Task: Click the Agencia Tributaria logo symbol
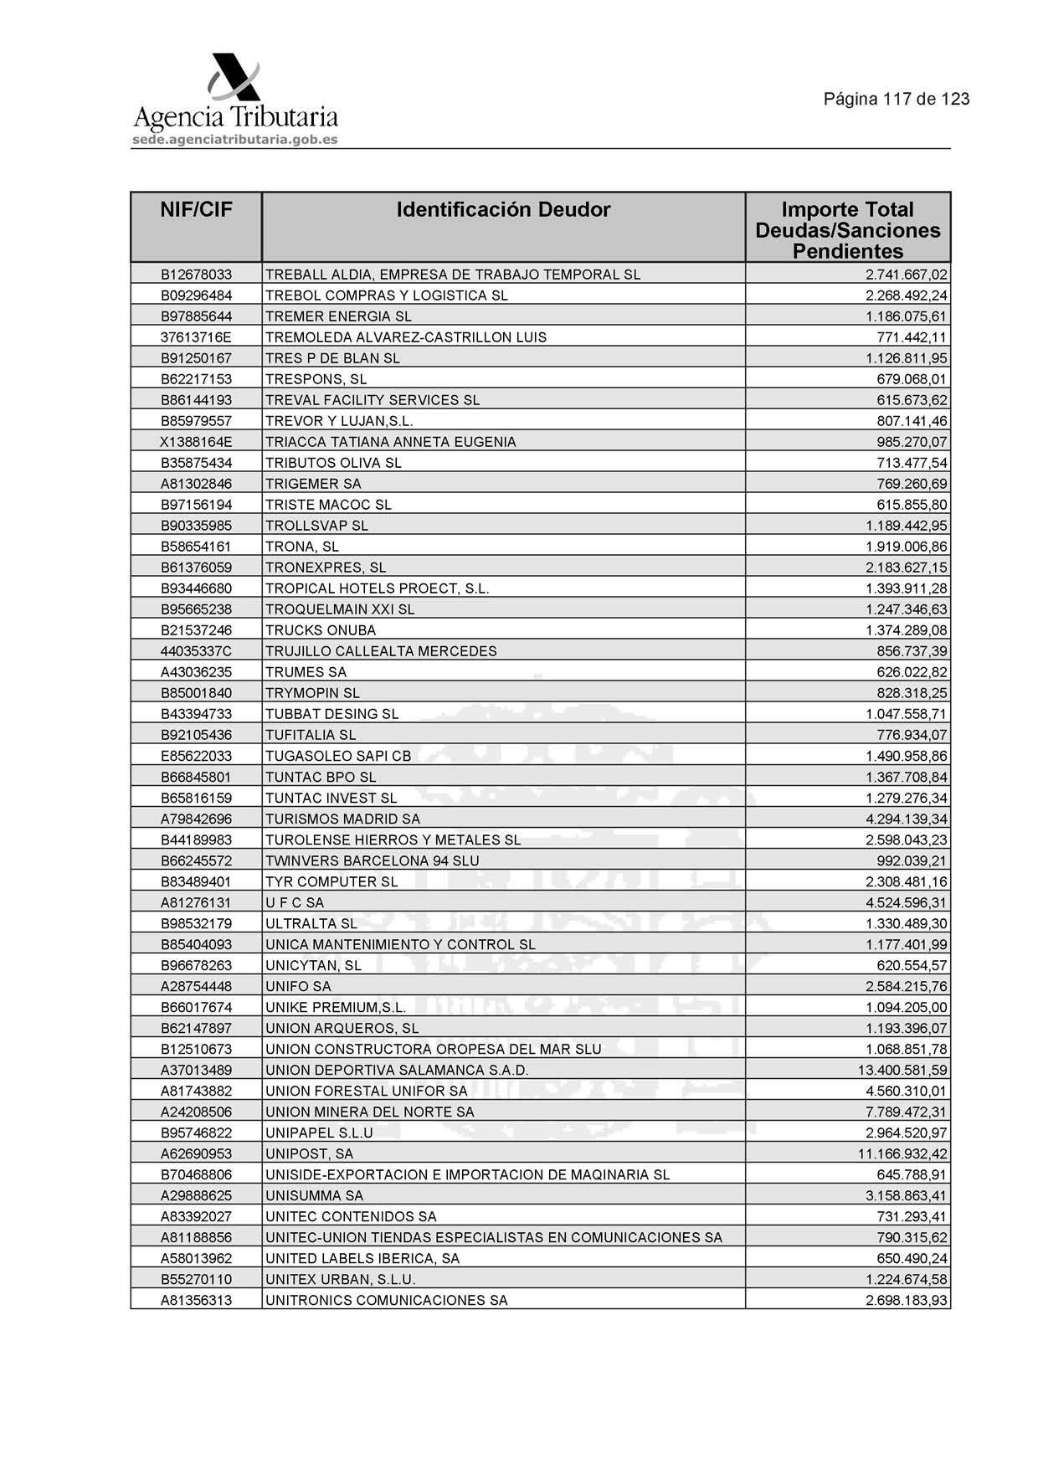234,79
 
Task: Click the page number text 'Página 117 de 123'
896,100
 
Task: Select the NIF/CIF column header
196,210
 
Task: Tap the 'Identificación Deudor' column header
503,210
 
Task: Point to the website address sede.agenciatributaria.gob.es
235,140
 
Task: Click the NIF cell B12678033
196,275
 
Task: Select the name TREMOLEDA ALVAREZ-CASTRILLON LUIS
406,337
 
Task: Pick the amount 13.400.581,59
902,1071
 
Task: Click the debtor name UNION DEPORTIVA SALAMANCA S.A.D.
397,1071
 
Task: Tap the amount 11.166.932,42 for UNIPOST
902,1154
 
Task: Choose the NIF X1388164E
196,442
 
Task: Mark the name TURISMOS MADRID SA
342,819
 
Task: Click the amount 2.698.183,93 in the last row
907,1301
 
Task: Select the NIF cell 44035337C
196,651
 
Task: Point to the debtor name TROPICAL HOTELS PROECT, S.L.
377,588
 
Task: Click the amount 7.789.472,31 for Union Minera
907,1112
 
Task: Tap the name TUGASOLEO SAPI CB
338,756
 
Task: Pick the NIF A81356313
196,1301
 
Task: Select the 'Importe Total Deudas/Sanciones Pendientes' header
847,230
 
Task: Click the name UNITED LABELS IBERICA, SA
362,1259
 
